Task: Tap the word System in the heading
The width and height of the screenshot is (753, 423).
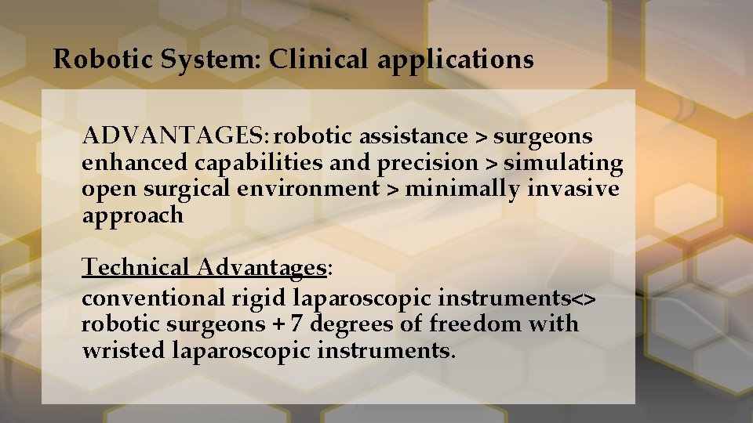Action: click(x=209, y=60)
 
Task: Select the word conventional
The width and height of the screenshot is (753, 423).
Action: click(x=153, y=298)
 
